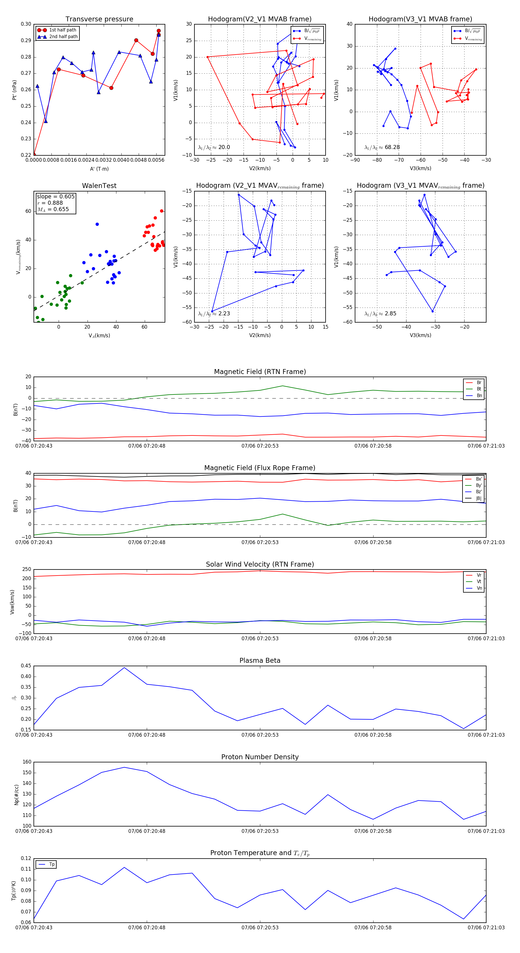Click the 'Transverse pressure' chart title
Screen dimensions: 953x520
pyautogui.click(x=99, y=19)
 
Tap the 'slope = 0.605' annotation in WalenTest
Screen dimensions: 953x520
pyautogui.click(x=55, y=196)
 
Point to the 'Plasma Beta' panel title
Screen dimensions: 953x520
pyautogui.click(x=260, y=660)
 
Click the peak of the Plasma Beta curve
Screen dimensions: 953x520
pyautogui.click(x=124, y=667)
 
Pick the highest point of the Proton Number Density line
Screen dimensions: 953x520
pyautogui.click(x=124, y=767)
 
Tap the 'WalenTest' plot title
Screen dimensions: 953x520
pyautogui.click(x=99, y=186)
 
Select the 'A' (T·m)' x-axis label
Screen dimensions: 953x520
pyautogui.click(x=99, y=169)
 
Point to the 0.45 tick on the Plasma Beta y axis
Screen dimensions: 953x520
pyautogui.click(x=26, y=666)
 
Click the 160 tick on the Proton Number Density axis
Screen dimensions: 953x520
pyautogui.click(x=27, y=762)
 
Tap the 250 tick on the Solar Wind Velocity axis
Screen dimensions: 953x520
pyautogui.click(x=27, y=569)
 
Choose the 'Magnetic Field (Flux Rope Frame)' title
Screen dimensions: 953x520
pyautogui.click(x=260, y=468)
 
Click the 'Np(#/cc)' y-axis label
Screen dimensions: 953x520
pyautogui.click(x=16, y=794)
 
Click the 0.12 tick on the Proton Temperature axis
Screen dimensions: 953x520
pyautogui.click(x=26, y=858)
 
